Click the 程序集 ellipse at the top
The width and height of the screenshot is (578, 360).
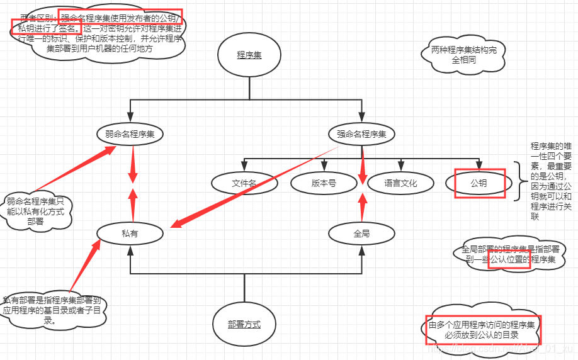tap(249, 55)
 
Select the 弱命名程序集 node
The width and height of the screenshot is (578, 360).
tap(130, 134)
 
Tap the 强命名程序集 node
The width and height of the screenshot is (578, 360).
tap(362, 134)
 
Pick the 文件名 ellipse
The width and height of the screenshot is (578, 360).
tap(244, 183)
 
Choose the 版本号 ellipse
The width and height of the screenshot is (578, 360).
tap(324, 183)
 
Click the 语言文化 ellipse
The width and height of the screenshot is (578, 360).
tap(400, 183)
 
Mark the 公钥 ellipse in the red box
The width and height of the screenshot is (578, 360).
tap(479, 183)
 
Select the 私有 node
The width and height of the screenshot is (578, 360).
tap(130, 233)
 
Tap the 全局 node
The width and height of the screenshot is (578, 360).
tap(362, 233)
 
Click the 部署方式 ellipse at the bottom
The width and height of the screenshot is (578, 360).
tap(244, 325)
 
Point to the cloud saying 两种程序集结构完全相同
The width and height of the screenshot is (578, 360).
tap(459, 55)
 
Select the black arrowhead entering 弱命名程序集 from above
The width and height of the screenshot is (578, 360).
tap(130, 116)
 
